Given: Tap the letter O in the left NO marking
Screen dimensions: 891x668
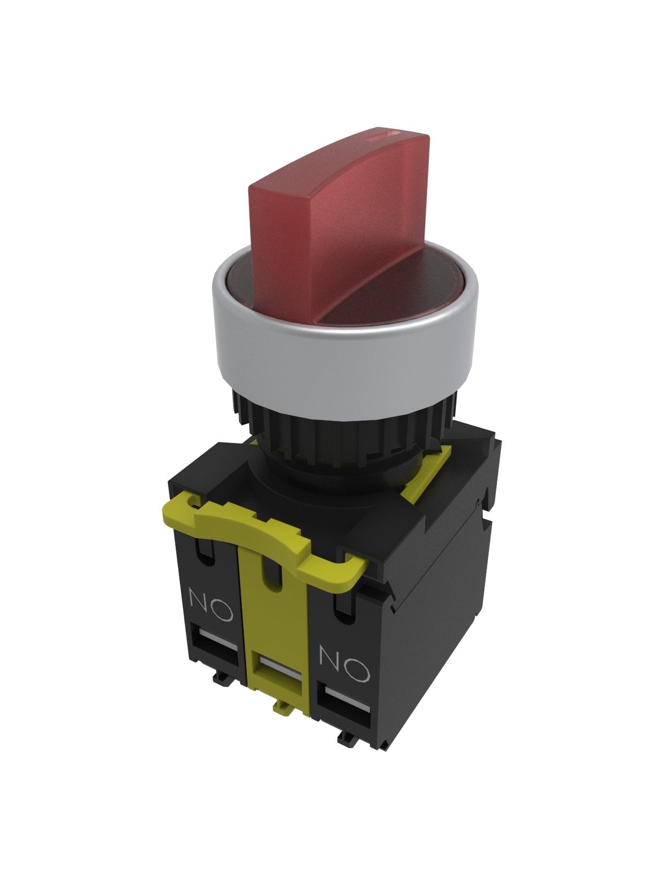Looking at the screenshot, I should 222,610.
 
